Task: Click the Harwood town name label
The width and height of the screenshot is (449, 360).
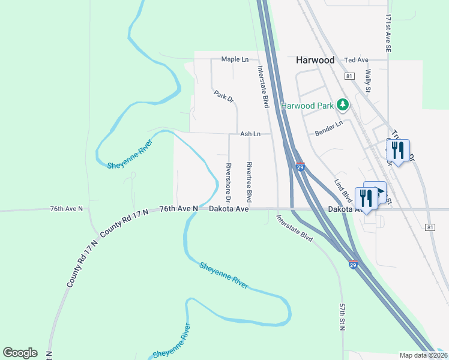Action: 315,61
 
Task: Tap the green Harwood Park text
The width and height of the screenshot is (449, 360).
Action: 308,106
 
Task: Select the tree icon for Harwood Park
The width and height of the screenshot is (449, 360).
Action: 343,106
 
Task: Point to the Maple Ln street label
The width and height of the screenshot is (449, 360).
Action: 235,59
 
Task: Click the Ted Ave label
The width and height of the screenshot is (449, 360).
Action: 357,60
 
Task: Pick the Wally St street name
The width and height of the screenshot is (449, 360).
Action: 369,80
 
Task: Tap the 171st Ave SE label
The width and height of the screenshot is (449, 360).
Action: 389,33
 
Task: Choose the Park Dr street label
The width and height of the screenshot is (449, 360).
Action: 223,96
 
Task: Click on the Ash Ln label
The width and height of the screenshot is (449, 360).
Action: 250,134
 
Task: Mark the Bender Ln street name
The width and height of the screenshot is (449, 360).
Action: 329,128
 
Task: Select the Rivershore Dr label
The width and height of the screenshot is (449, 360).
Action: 229,181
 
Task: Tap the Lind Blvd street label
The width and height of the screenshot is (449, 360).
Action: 343,190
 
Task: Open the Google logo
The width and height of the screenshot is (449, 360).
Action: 20,353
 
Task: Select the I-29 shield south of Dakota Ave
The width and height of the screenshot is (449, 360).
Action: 354,263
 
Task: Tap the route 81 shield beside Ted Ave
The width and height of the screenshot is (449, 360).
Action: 349,77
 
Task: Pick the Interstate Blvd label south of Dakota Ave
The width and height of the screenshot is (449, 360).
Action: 295,228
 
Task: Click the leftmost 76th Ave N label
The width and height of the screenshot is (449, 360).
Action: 66,209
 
